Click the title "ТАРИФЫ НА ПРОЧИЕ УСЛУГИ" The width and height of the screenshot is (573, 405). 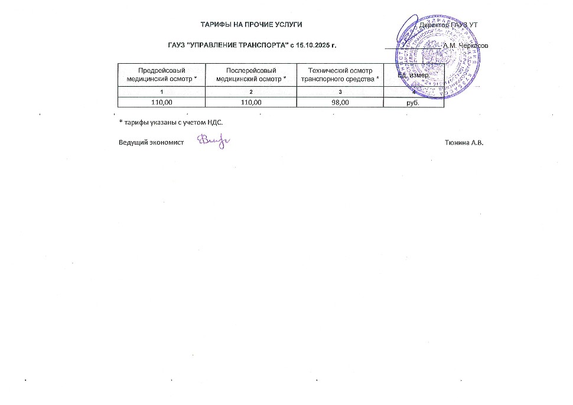(x=252, y=24)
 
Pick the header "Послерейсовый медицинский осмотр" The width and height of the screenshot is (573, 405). (x=250, y=74)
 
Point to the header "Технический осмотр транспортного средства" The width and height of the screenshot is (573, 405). (x=340, y=74)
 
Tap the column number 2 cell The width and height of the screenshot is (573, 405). (x=250, y=92)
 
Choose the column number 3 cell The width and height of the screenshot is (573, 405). (x=340, y=92)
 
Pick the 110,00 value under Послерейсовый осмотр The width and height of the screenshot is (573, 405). (x=250, y=102)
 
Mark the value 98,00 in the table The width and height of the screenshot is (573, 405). (x=340, y=102)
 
